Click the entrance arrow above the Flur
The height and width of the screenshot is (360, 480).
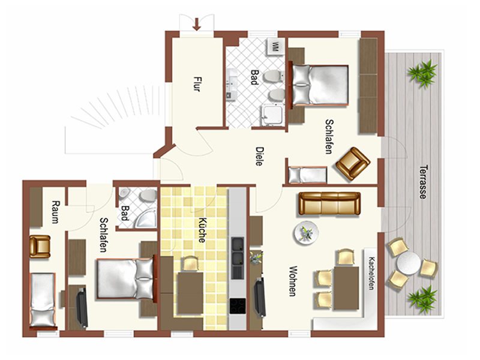(197, 24)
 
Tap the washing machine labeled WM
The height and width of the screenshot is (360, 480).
(275, 47)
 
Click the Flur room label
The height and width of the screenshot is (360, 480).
(197, 84)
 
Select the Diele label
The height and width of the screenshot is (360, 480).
(259, 157)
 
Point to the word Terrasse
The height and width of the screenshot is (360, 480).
(423, 182)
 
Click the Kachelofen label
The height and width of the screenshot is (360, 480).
(371, 274)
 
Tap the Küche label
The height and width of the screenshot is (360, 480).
(202, 230)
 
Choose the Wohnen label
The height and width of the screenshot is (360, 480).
(293, 281)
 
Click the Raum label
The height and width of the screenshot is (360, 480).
(55, 212)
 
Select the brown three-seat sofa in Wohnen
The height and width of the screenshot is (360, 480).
(329, 203)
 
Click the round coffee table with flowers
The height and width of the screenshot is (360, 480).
(307, 232)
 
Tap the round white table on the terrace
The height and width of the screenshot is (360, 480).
(409, 263)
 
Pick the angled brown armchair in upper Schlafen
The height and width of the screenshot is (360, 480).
(353, 163)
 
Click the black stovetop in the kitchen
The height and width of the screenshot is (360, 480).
(238, 306)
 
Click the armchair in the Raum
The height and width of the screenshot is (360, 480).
(40, 247)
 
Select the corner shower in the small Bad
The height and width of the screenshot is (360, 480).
(145, 216)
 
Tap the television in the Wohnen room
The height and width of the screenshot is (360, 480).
(260, 297)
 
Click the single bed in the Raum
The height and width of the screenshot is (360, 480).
(43, 300)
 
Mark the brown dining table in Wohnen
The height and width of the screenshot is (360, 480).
(346, 288)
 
